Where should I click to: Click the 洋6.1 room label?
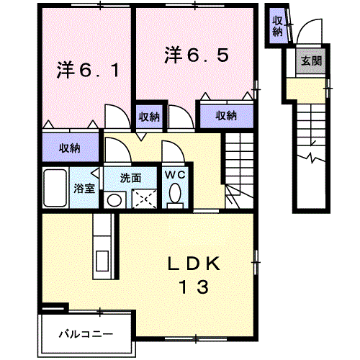tap(88, 71)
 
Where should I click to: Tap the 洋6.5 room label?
tap(197, 55)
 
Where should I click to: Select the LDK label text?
tap(194, 264)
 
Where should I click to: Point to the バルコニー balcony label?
tap(86, 334)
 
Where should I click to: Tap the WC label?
tap(175, 175)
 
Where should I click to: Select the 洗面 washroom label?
tap(130, 178)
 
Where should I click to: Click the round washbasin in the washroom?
tap(114, 200)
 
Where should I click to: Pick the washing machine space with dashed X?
tap(145, 199)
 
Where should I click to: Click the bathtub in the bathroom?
tap(55, 188)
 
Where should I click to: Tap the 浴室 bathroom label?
tap(84, 189)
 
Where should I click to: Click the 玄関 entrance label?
tap(311, 61)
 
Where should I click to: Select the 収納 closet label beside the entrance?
tap(277, 27)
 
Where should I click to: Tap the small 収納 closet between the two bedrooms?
tap(149, 117)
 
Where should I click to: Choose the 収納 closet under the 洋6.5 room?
tap(226, 116)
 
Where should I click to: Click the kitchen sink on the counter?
tap(102, 261)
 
